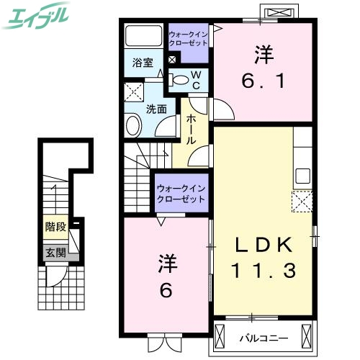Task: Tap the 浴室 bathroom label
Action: pyautogui.click(x=143, y=63)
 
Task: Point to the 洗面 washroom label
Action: pyautogui.click(x=157, y=109)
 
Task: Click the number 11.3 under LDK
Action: pyautogui.click(x=264, y=271)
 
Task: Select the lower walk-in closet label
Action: pyautogui.click(x=181, y=193)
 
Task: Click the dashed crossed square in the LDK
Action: pyautogui.click(x=301, y=200)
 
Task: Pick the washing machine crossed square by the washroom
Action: pyautogui.click(x=134, y=93)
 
